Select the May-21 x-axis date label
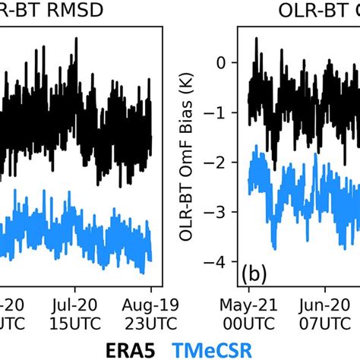point(248,305)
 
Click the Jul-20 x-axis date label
point(76,305)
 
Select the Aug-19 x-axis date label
point(151,305)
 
